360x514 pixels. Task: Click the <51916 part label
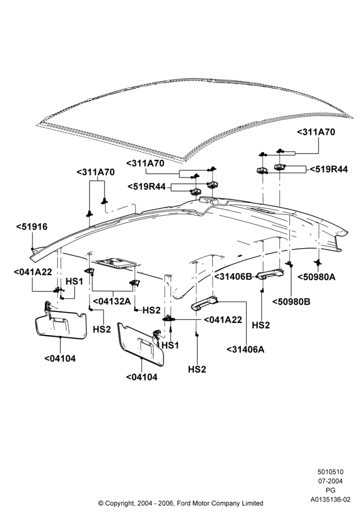(32, 227)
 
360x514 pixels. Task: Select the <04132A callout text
(112, 301)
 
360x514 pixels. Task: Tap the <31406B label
(233, 277)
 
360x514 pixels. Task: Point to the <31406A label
(245, 350)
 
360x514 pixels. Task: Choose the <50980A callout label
(316, 277)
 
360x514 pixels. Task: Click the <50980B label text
(291, 302)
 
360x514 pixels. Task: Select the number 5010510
(330, 472)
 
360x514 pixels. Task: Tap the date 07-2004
(330, 481)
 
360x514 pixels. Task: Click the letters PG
(331, 490)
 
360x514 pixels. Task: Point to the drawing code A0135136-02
(331, 500)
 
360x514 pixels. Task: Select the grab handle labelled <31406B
(271, 274)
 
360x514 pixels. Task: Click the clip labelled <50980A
(317, 262)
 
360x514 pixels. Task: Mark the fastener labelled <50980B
(289, 264)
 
